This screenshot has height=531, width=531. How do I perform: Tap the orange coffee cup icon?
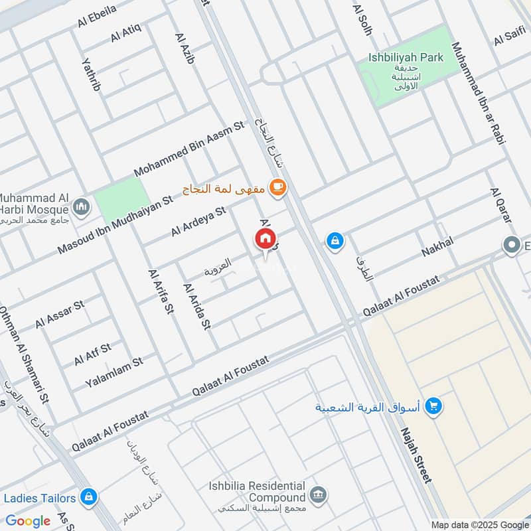pyautogui.click(x=277, y=188)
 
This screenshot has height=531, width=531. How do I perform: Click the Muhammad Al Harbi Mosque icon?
pyautogui.click(x=81, y=206)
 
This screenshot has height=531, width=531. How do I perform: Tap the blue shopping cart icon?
pyautogui.click(x=435, y=405)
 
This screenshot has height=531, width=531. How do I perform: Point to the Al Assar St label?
pyautogui.click(x=60, y=314)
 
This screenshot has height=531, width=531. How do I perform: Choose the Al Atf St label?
pyautogui.click(x=93, y=354)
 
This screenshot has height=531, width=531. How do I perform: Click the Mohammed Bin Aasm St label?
pyautogui.click(x=189, y=148)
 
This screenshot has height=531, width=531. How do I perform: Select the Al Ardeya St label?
pyautogui.click(x=198, y=221)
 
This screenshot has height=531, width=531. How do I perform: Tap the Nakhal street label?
pyautogui.click(x=437, y=247)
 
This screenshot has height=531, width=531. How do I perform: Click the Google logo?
pyautogui.click(x=28, y=520)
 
